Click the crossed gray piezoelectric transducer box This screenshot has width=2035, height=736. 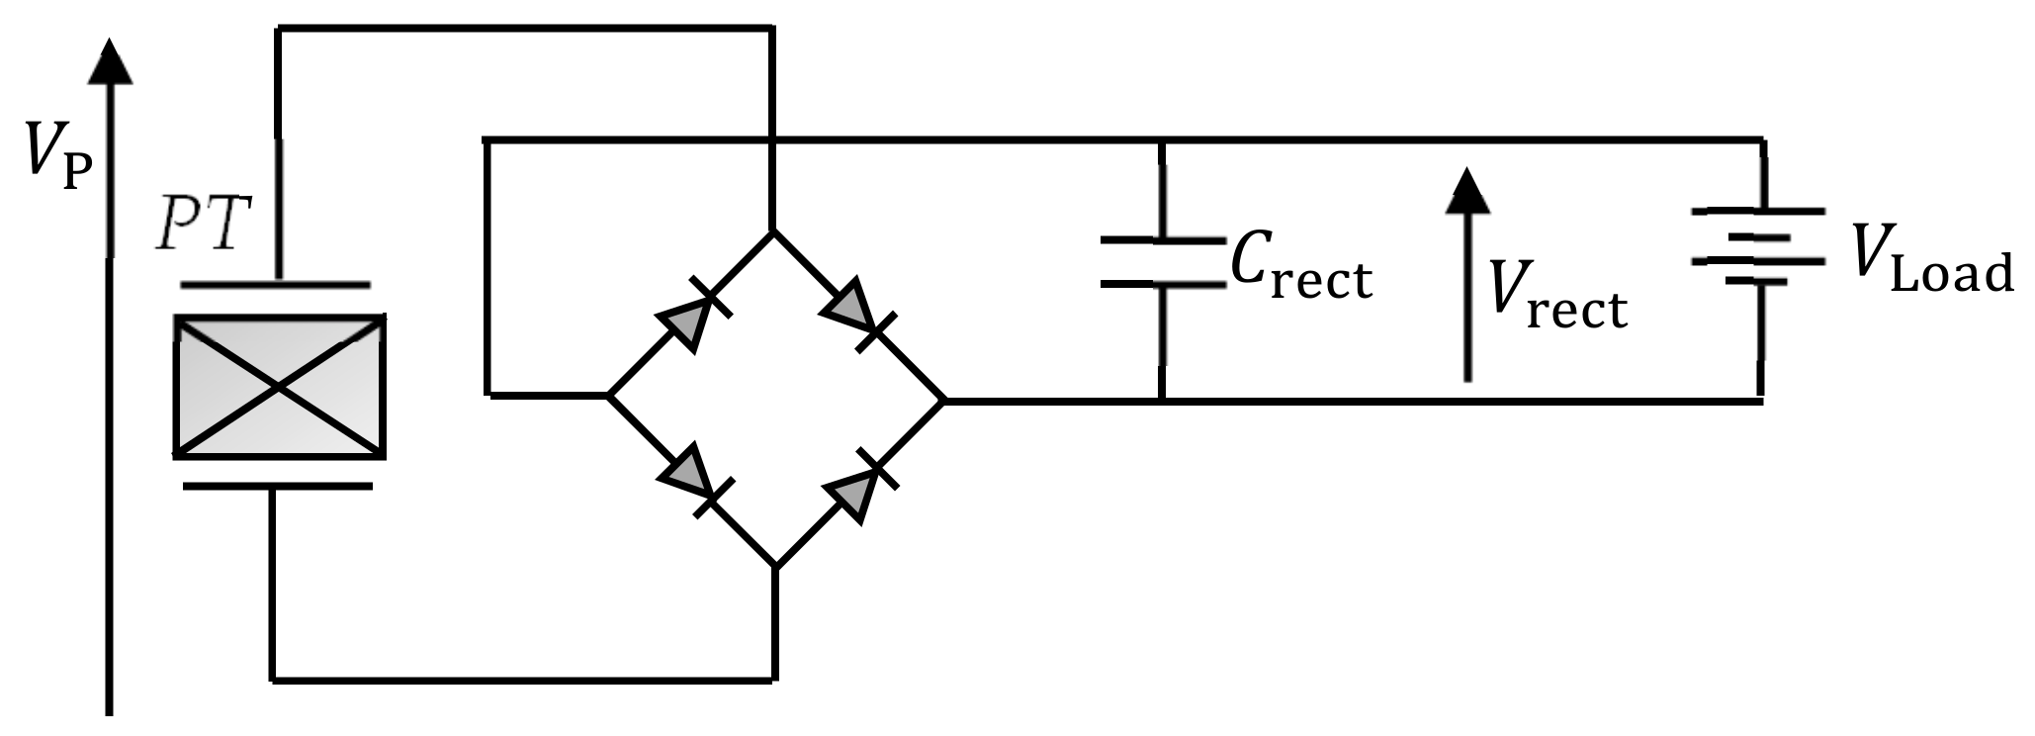point(279,387)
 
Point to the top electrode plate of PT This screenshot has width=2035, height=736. point(276,286)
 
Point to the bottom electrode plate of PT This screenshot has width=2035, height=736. point(278,486)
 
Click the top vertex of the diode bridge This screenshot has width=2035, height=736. point(773,232)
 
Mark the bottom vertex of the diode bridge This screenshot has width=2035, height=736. point(775,567)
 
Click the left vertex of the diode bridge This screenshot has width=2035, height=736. point(607,396)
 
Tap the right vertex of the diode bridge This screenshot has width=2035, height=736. point(944,401)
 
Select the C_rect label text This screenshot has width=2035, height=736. point(1301,269)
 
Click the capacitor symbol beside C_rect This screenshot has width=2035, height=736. point(1162,262)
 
